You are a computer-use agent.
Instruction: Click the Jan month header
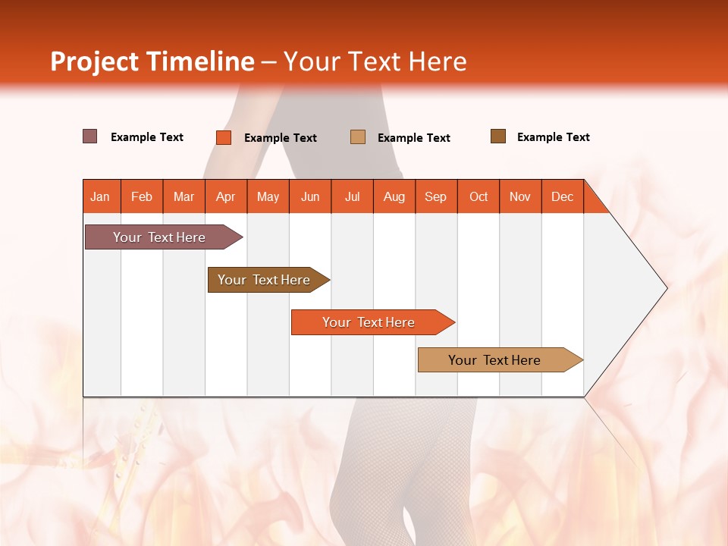tap(101, 196)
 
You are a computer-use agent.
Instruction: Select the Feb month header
tap(142, 196)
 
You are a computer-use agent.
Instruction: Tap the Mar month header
tap(184, 196)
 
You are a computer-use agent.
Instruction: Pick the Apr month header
tap(226, 196)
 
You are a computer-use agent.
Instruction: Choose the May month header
tap(268, 196)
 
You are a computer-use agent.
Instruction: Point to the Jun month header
tap(310, 196)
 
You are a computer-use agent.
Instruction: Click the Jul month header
tap(352, 196)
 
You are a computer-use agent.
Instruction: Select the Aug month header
tap(394, 196)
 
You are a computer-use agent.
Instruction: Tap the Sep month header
tap(436, 196)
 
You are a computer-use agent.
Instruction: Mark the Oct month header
tap(479, 196)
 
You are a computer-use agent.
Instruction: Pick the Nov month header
tap(520, 196)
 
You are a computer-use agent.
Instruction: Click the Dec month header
tap(563, 196)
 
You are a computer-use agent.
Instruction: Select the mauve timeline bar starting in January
tap(160, 237)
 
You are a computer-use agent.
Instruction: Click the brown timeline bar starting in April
tap(265, 280)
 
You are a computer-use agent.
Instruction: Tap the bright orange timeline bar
tap(369, 322)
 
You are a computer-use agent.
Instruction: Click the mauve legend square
tap(90, 136)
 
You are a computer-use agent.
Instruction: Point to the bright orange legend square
tap(224, 137)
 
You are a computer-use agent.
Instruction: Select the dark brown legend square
tap(498, 136)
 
